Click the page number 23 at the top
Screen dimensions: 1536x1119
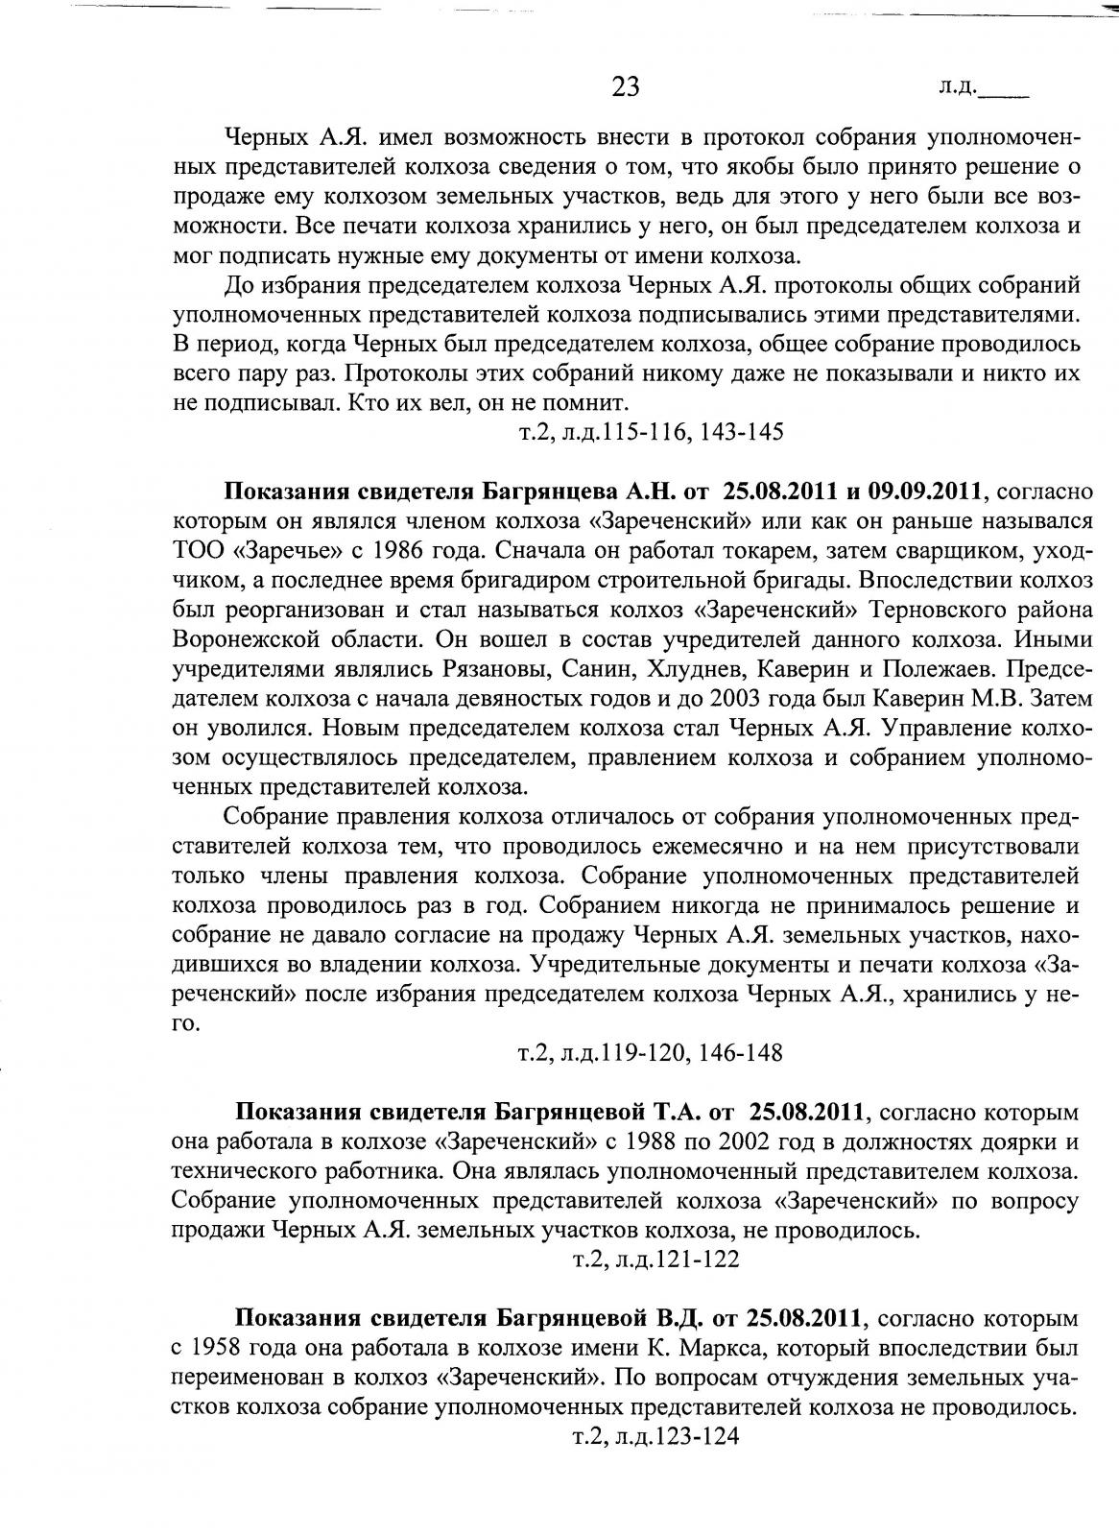pos(625,87)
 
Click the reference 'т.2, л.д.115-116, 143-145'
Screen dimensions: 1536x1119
pos(651,432)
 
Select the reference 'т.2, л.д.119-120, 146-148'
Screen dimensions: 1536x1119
pos(651,1053)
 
